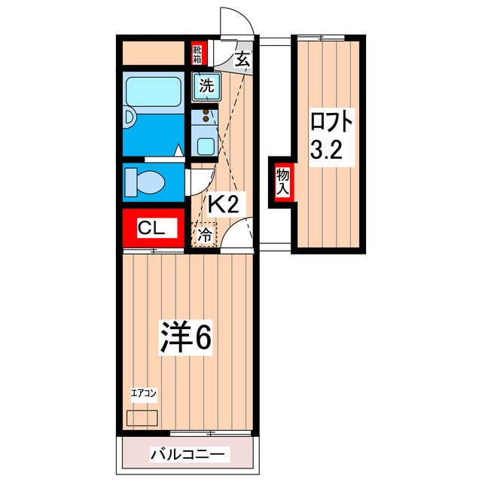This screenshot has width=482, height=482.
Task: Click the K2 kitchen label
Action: (x=223, y=203)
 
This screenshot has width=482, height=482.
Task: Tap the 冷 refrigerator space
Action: (x=204, y=236)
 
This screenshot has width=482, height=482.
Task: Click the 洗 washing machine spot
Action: (x=205, y=87)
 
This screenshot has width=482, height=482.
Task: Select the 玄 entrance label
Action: (x=243, y=61)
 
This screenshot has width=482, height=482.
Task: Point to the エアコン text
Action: (x=143, y=393)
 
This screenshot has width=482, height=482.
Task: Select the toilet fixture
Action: (x=147, y=181)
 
